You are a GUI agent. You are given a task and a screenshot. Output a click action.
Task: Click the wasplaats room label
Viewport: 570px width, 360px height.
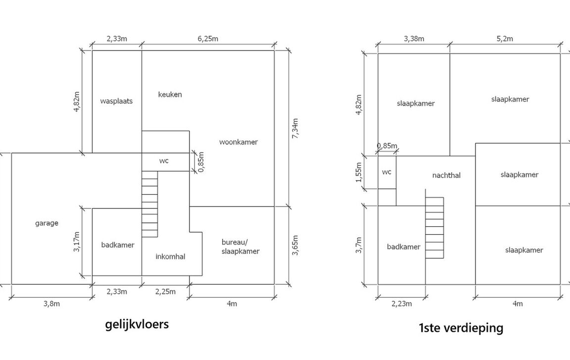116,101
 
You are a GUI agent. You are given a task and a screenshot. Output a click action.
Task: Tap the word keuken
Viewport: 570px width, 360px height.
170,95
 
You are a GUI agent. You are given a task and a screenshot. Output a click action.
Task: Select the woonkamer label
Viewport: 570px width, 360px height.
238,142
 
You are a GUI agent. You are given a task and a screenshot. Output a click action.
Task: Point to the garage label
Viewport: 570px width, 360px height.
47,223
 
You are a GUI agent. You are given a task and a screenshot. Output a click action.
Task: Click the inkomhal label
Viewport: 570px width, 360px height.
171,257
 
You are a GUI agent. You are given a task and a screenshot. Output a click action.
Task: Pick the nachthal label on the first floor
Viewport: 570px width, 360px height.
446,175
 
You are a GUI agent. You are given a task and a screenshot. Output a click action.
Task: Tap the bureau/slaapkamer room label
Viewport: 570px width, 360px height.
240,247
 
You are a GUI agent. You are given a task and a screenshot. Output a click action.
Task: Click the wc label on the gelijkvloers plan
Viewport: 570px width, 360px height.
164,161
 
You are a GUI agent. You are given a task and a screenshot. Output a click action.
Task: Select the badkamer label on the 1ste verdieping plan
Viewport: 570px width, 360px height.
404,247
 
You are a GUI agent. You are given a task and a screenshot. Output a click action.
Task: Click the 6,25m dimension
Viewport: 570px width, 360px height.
208,39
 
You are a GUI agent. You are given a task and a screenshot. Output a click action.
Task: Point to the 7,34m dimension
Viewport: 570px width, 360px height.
295,128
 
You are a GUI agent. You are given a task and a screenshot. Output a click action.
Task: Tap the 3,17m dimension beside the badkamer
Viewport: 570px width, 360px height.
77,242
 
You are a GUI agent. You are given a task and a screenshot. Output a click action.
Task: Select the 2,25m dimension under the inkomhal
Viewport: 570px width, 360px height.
165,292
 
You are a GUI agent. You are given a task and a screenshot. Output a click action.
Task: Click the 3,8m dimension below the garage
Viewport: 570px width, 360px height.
51,304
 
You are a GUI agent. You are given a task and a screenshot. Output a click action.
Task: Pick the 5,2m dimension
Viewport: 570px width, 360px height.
505,39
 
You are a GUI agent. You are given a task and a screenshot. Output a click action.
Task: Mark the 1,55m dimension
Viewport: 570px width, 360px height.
359,172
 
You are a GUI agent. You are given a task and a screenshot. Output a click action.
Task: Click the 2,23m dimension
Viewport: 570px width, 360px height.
402,304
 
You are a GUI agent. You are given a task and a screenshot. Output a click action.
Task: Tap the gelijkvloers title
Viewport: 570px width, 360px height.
137,324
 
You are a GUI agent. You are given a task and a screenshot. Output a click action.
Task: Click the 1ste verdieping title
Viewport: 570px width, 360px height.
461,328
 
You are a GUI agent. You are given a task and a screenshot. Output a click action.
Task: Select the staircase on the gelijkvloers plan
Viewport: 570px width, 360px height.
150,205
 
